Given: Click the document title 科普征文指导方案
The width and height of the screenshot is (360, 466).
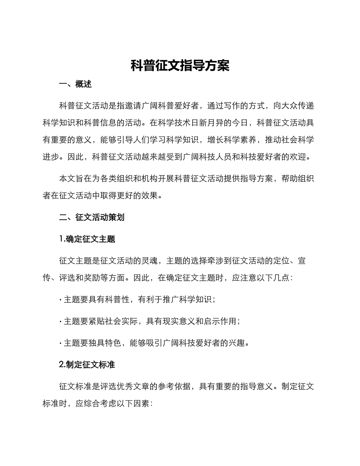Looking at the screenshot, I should coord(180,66).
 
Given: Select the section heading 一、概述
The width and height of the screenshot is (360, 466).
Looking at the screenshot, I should coord(75,84).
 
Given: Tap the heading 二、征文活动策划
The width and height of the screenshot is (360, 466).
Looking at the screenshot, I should coord(92,217).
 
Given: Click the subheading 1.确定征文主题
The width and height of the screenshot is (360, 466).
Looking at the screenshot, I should coord(87,239).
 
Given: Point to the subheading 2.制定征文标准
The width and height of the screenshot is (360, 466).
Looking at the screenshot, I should coord(87,365).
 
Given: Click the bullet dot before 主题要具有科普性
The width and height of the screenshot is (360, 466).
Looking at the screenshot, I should coord(61,300).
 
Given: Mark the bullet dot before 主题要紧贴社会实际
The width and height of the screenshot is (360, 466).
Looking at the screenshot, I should coord(61,322).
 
